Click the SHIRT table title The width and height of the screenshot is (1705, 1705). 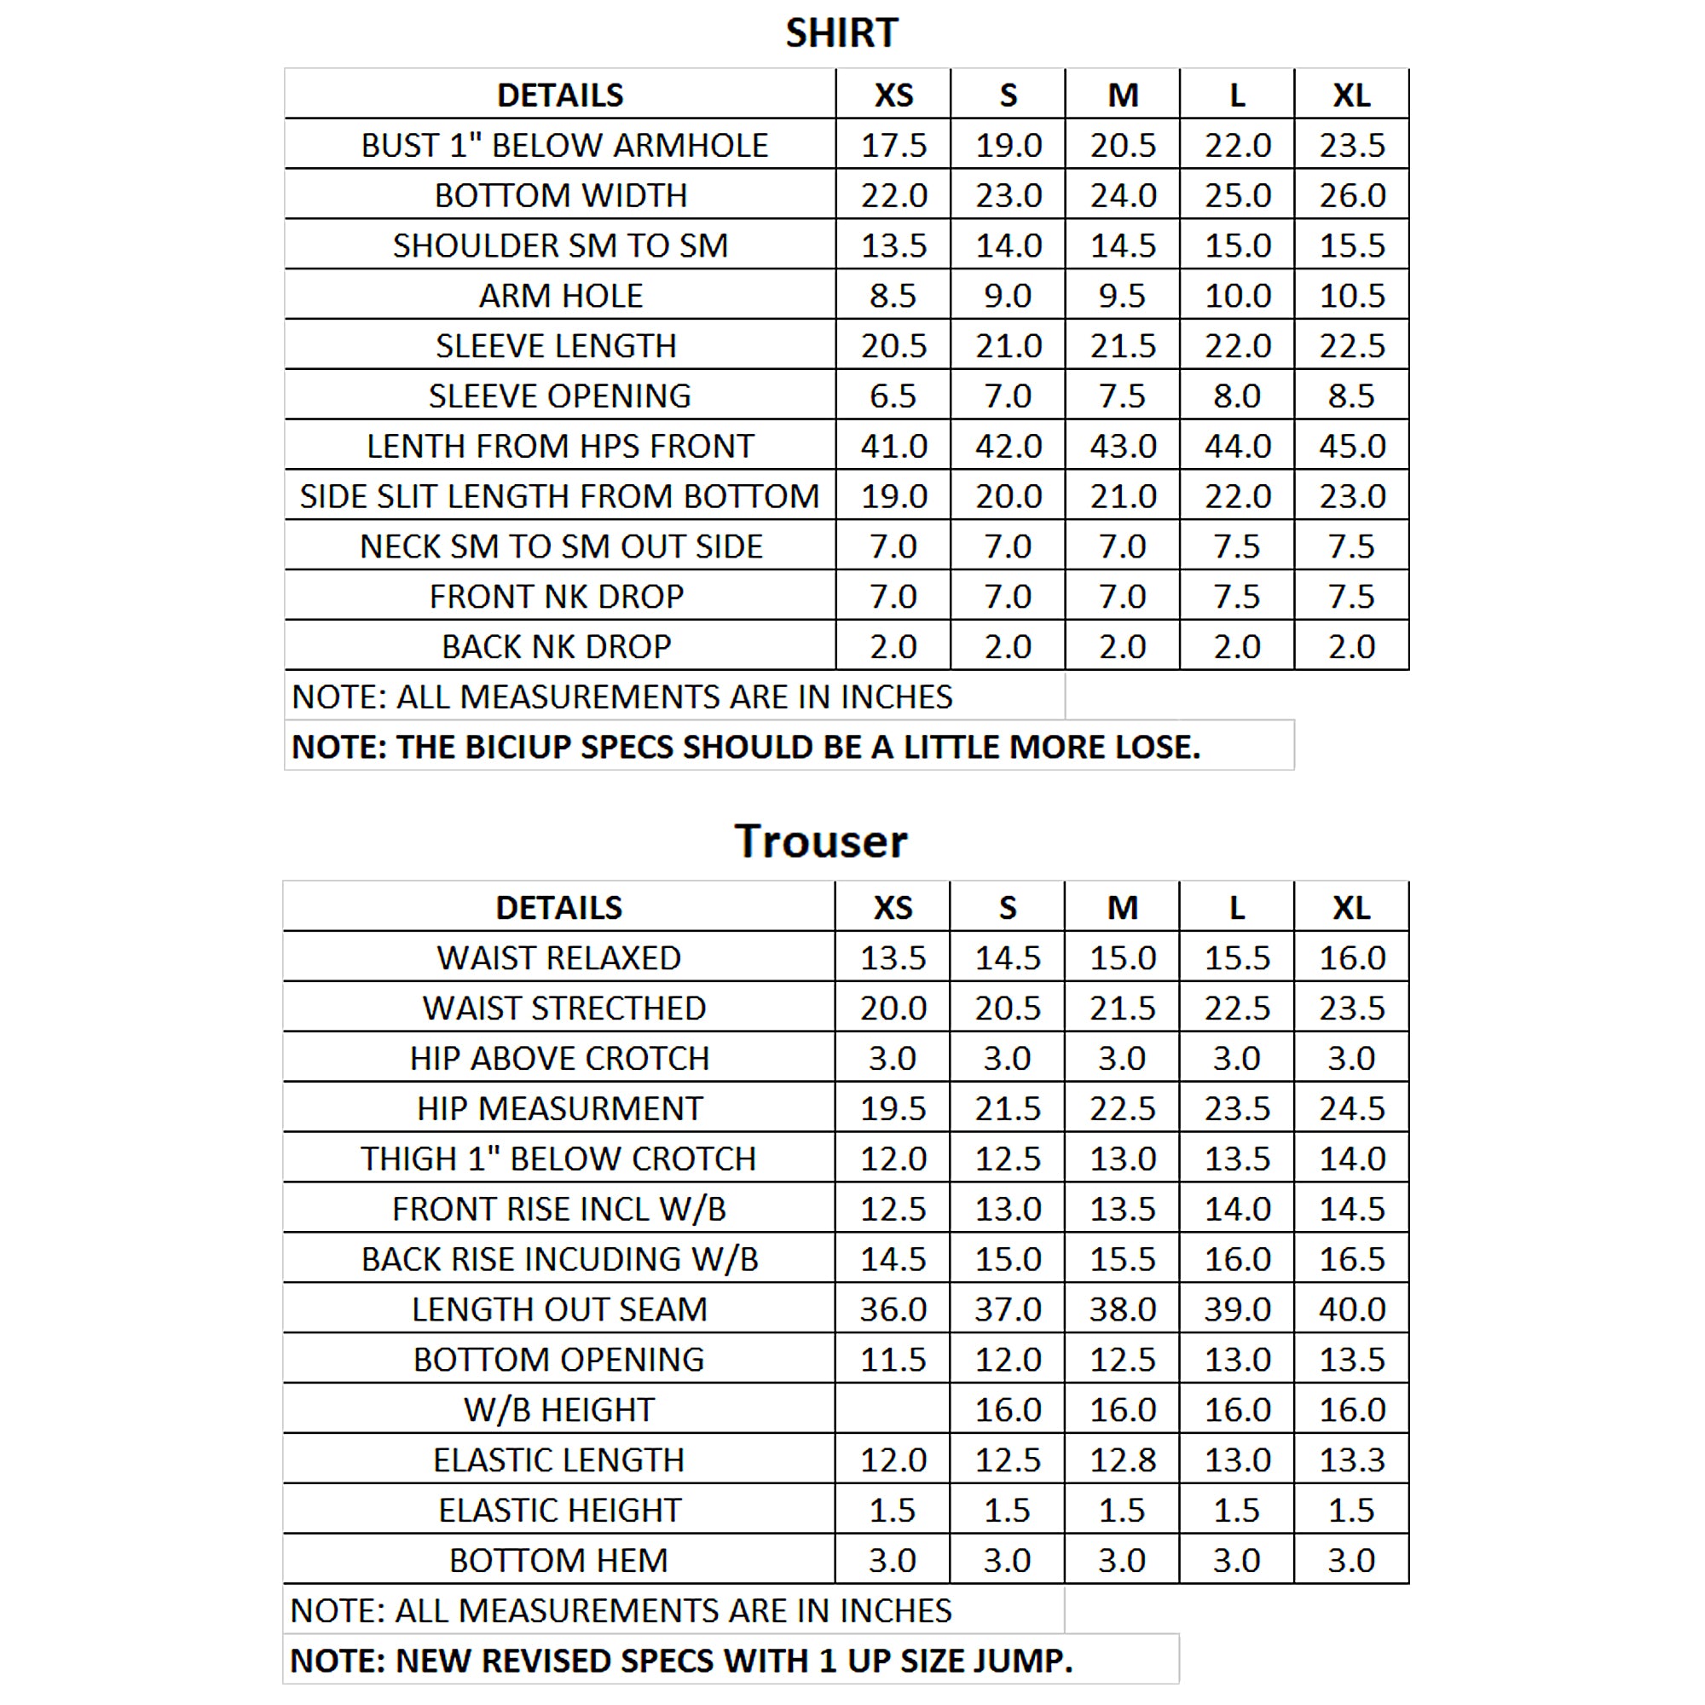pos(841,33)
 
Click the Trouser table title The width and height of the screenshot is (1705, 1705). pos(821,841)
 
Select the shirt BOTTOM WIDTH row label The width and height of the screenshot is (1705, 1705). pos(560,195)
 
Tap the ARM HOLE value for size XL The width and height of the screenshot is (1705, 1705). pos(1351,296)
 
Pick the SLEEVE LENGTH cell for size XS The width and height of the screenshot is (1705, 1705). pos(893,346)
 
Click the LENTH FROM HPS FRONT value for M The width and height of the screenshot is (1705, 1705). pos(1123,447)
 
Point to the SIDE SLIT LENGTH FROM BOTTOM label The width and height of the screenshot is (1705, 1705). pos(559,497)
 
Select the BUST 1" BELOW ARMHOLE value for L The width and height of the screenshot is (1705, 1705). pos(1237,146)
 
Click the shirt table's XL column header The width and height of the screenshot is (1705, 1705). pos(1351,95)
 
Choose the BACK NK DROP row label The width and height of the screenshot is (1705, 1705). pos(556,647)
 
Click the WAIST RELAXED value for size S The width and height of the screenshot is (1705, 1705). pos(1008,958)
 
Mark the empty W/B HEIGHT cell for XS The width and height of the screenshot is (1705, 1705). pos(893,1410)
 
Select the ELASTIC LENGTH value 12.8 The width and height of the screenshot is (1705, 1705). pos(1123,1460)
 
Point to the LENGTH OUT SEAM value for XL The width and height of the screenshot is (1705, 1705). pos(1351,1309)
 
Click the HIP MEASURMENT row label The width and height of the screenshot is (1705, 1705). pos(559,1109)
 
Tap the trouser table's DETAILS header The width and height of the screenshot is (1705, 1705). pos(558,908)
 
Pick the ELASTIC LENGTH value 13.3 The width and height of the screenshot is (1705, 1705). pos(1351,1460)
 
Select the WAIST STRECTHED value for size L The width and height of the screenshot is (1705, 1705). pos(1237,1009)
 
